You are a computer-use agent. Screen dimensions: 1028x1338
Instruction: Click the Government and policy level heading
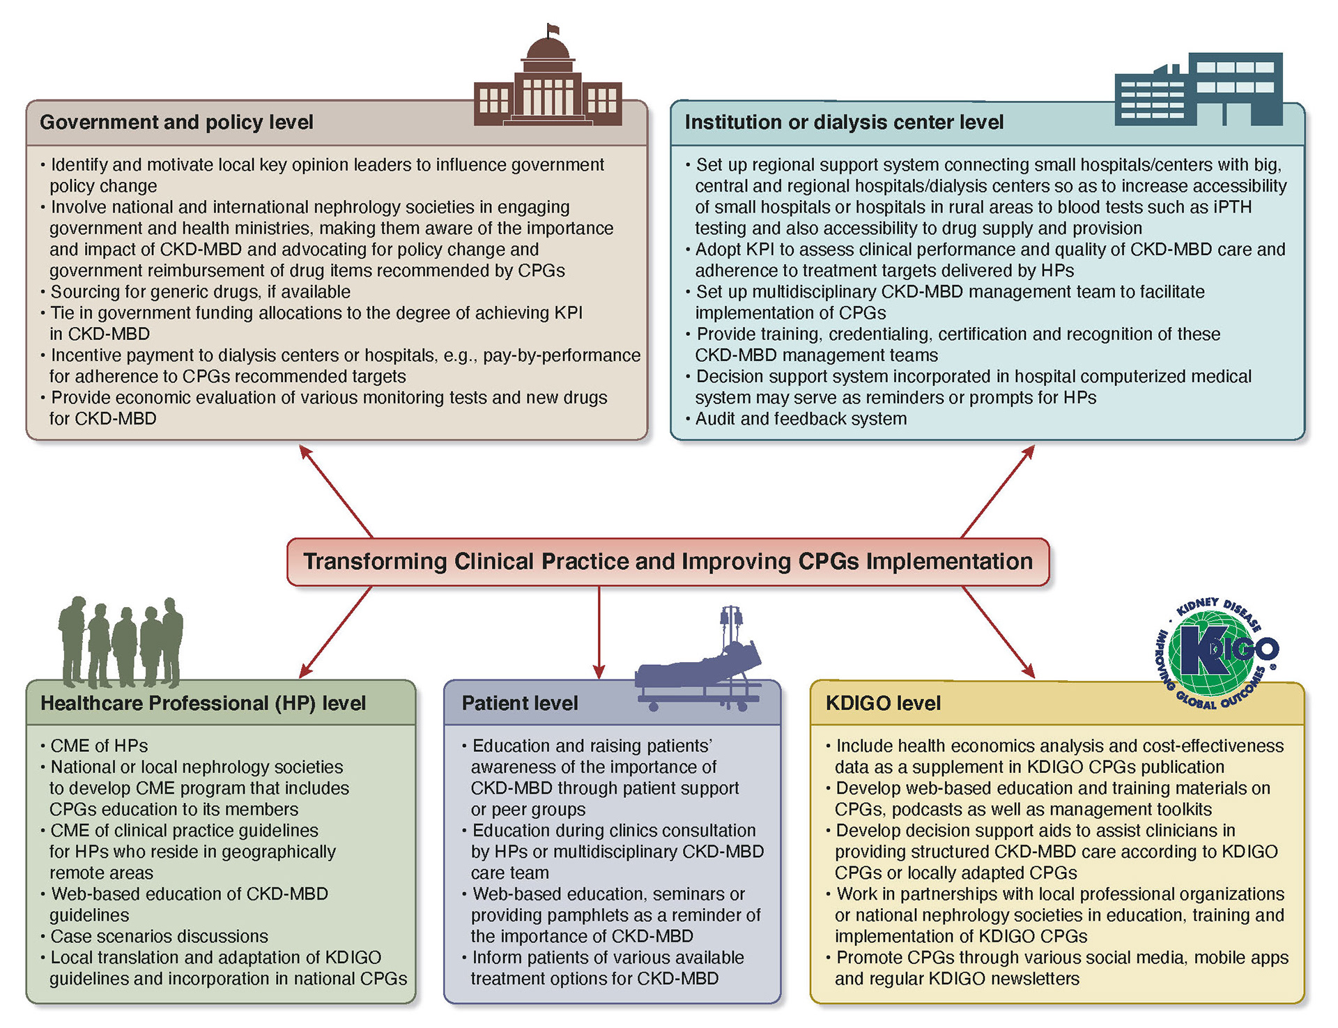click(x=176, y=123)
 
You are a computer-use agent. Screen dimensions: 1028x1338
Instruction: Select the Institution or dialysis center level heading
click(x=843, y=123)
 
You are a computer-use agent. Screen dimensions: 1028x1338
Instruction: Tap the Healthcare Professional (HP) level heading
click(x=203, y=703)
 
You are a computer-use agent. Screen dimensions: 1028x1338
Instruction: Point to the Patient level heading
click(x=520, y=703)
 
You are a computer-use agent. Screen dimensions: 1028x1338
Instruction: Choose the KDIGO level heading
click(x=883, y=703)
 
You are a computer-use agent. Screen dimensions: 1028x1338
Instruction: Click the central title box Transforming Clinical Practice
click(x=668, y=562)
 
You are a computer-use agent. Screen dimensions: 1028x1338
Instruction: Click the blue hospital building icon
click(x=1199, y=89)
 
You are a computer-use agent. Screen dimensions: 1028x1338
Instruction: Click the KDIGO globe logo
click(x=1217, y=652)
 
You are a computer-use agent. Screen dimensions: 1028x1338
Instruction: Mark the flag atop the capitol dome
click(x=553, y=29)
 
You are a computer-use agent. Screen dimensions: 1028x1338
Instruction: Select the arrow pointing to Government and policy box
click(x=336, y=491)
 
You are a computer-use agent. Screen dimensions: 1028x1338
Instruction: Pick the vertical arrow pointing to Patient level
click(x=599, y=631)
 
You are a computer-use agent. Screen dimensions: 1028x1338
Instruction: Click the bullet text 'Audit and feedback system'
click(x=801, y=419)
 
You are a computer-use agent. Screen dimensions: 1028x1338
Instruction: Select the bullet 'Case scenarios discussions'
click(x=159, y=936)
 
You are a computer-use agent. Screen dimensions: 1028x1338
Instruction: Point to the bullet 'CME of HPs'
click(x=99, y=746)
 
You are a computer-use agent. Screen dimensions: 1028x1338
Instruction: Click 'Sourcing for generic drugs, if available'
click(x=201, y=292)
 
